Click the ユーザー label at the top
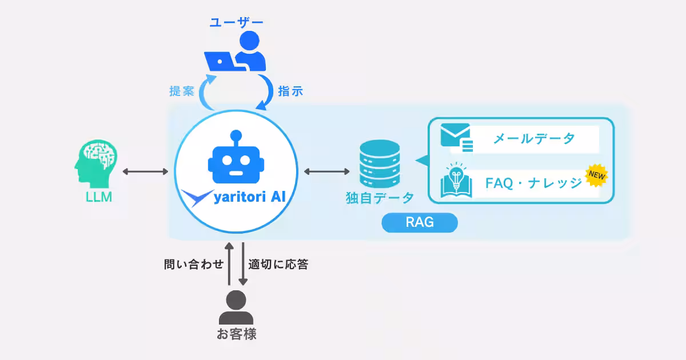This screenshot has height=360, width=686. pos(236,22)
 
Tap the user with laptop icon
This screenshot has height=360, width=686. pos(236,53)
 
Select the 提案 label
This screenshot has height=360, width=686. pos(182,91)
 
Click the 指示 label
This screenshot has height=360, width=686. pos(290,91)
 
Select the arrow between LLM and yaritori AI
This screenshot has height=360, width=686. pos(145,171)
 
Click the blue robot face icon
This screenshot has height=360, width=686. pos(235,158)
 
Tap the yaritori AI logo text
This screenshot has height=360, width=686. pos(249,198)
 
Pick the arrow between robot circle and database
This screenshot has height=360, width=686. pos(327,171)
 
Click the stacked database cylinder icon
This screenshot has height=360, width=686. pos(379,164)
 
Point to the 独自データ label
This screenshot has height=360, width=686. pos(379,198)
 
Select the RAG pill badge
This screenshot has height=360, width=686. pos(420,222)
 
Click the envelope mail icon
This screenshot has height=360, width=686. pos(456,138)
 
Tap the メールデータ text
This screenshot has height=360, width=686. pos(533,138)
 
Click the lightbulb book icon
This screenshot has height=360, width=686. pos(456,181)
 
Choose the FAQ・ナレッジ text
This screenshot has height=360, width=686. pos(533,183)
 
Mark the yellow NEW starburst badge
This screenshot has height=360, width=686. pos(596,175)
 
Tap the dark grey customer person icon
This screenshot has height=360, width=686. pos(236,308)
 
